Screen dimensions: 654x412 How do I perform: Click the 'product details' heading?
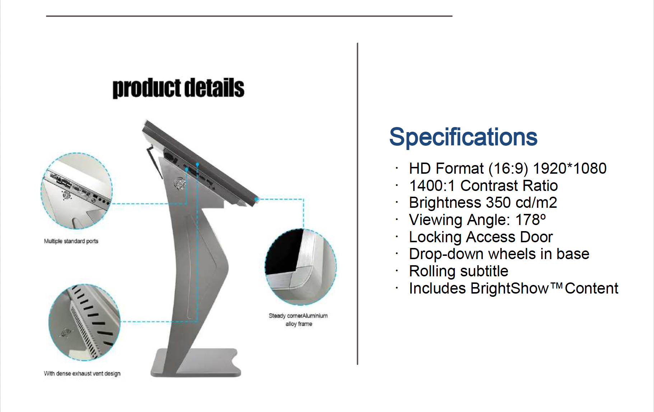pyautogui.click(x=178, y=88)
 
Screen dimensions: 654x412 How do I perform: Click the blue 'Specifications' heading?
pyautogui.click(x=463, y=137)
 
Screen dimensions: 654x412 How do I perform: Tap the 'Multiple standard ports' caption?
pyautogui.click(x=71, y=241)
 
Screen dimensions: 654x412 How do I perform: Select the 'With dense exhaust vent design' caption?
pyautogui.click(x=82, y=374)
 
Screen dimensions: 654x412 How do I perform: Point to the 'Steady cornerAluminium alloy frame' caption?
pyautogui.click(x=298, y=320)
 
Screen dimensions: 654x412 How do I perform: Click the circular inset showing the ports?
pyautogui.click(x=76, y=191)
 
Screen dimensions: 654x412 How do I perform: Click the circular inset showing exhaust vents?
pyautogui.click(x=84, y=322)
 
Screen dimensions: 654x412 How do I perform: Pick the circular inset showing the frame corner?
pyautogui.click(x=301, y=267)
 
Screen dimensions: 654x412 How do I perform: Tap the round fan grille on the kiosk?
pyautogui.click(x=179, y=184)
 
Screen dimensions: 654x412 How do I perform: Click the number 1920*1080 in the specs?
pyautogui.click(x=570, y=169)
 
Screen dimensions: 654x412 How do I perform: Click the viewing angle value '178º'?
pyautogui.click(x=531, y=220)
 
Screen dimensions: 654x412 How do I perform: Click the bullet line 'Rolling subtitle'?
pyautogui.click(x=459, y=271)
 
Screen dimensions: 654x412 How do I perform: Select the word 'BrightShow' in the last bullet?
pyautogui.click(x=510, y=289)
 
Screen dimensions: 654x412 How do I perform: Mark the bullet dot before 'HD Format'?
pyautogui.click(x=397, y=168)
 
